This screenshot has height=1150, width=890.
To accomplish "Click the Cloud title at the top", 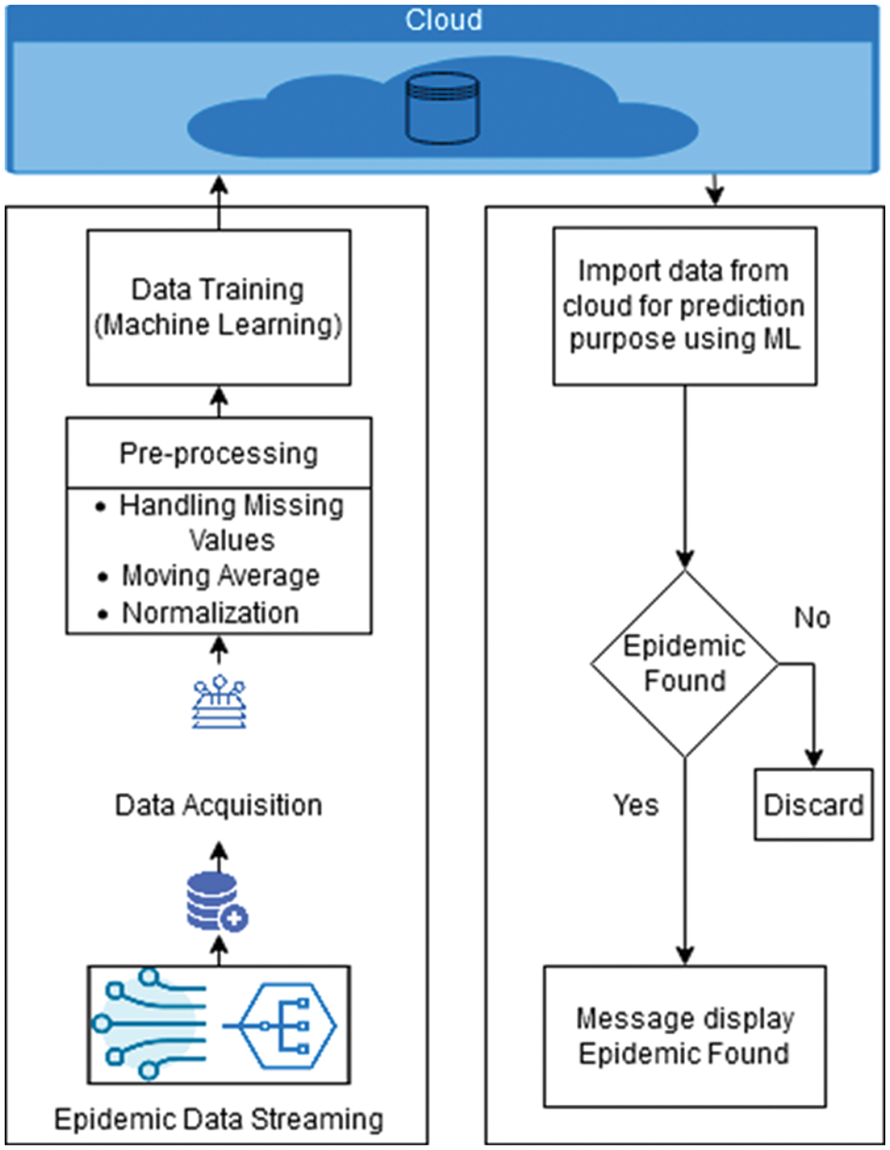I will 444,20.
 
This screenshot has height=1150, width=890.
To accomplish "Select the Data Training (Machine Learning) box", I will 218,306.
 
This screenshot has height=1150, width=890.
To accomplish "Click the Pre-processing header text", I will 218,453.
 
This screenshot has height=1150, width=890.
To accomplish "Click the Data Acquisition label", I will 218,804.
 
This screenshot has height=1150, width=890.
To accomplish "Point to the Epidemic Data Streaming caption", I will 218,1119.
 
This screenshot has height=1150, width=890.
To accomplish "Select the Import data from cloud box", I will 684,306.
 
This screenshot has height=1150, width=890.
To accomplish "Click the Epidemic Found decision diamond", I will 684,664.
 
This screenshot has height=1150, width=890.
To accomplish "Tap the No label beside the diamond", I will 812,618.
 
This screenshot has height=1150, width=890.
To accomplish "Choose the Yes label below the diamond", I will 636,804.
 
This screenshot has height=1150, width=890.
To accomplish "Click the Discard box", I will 812,805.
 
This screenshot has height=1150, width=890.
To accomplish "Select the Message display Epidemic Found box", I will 684,1036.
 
